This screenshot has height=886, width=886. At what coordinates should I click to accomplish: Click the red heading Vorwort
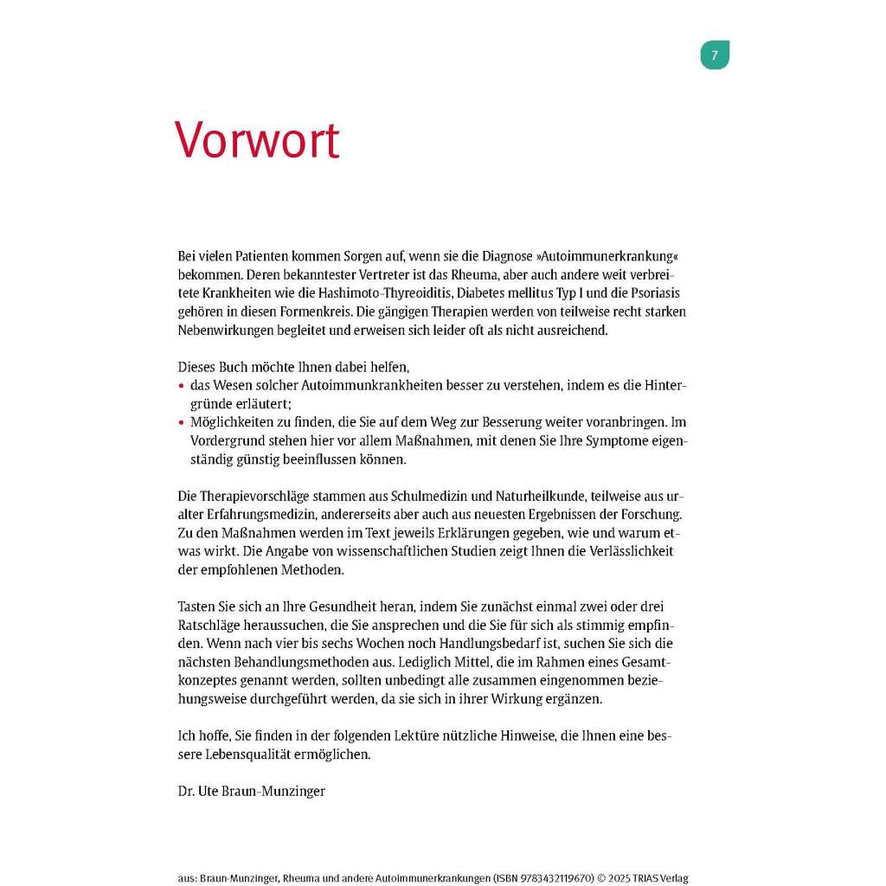(257, 139)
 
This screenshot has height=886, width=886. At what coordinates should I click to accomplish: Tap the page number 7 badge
(715, 55)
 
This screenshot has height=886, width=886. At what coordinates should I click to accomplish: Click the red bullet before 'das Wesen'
(181, 386)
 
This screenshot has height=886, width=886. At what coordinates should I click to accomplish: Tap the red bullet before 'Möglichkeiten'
(181, 423)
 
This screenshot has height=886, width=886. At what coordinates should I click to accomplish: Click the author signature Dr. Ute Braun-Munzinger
(252, 791)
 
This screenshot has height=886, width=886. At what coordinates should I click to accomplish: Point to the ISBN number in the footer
(545, 878)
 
